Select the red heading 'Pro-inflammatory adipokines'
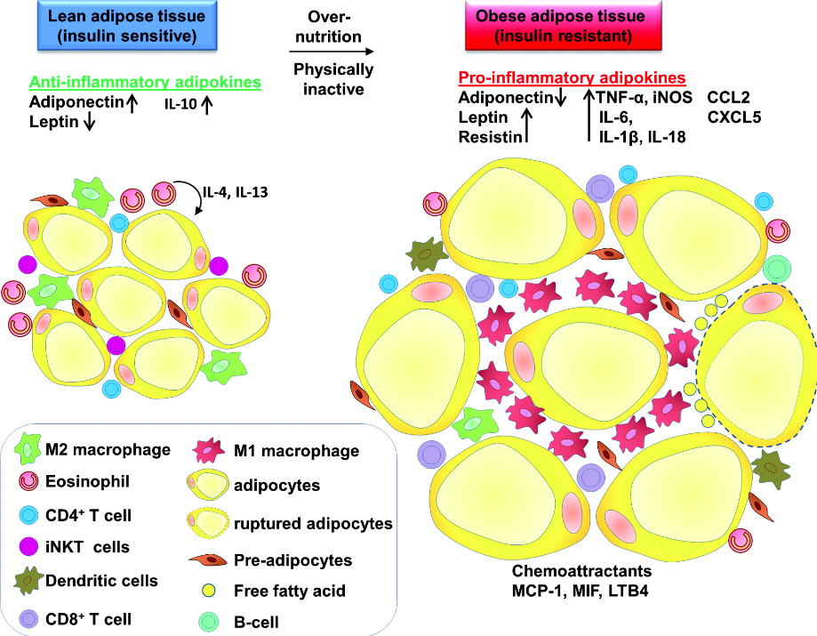coord(572,78)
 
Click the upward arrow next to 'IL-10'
coord(209,105)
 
